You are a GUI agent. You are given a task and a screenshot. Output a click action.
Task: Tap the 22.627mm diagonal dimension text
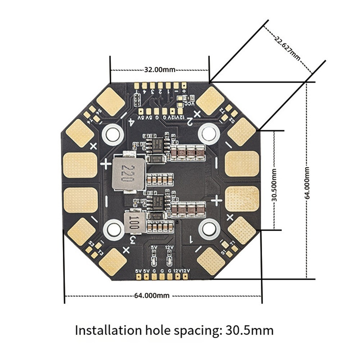[287, 48]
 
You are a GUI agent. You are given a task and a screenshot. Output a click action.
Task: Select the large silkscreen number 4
[132, 121]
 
